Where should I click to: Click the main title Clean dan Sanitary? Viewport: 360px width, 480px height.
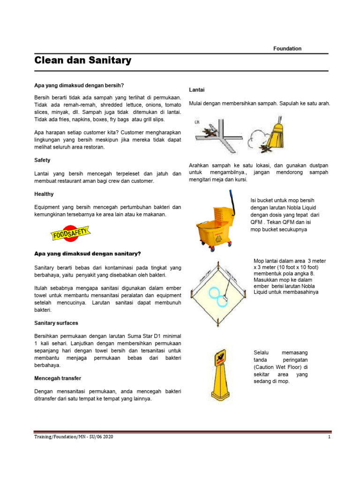[x=83, y=60]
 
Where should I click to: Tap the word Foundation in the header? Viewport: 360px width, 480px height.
[x=287, y=48]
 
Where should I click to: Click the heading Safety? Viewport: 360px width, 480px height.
[x=42, y=160]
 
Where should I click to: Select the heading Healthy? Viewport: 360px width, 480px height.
[x=44, y=194]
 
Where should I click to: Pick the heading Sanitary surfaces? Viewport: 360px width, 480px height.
[x=56, y=323]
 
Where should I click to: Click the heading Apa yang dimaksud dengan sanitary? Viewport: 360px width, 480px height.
[x=88, y=254]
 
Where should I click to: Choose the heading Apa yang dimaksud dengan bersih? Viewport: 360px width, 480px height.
[x=79, y=85]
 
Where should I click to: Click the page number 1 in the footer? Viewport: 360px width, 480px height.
[x=330, y=437]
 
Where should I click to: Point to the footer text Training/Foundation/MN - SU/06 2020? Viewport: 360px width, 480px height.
[x=74, y=437]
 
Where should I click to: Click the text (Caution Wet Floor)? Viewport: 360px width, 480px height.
[x=280, y=367]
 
